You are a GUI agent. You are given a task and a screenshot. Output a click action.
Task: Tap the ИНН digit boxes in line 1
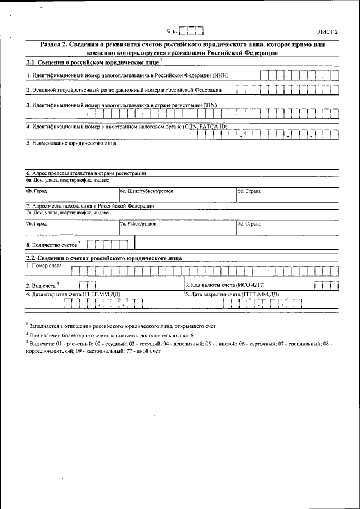tap(299, 75)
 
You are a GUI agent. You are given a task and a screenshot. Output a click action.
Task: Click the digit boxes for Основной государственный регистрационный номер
tap(287, 89)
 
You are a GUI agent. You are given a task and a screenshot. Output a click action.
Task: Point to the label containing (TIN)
tap(121, 105)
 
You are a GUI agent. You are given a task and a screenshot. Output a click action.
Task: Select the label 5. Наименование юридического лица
tap(71, 143)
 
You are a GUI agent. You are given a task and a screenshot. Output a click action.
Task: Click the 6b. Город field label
tap(37, 191)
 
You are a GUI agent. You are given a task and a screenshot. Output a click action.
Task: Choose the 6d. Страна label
tap(249, 191)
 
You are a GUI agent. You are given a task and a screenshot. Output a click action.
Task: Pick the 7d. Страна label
tap(249, 224)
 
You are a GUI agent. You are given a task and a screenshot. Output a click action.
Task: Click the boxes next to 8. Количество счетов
tap(108, 244)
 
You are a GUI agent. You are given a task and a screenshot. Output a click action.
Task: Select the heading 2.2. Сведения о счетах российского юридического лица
tap(104, 258)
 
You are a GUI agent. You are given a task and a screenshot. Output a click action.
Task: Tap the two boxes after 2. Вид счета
tap(88, 285)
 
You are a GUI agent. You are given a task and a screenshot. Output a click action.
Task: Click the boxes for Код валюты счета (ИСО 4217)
tap(326, 285)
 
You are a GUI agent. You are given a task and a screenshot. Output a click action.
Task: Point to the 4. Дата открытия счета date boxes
tap(103, 304)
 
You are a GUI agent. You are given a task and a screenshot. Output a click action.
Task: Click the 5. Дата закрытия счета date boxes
tap(262, 304)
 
